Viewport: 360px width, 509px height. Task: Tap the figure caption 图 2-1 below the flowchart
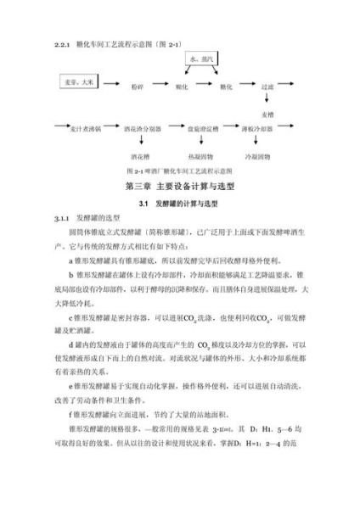coord(179,171)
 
